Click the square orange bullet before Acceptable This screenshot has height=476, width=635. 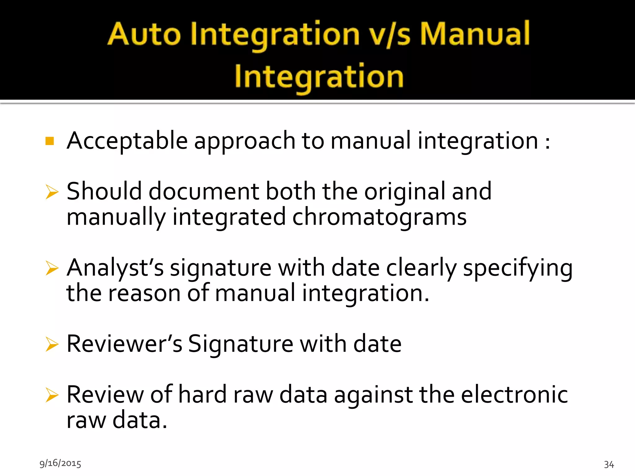coord(50,141)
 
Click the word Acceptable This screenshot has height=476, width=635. coord(127,141)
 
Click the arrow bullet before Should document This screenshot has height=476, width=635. coord(52,192)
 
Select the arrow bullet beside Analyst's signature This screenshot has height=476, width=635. coord(52,268)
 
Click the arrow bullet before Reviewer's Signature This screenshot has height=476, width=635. coord(52,344)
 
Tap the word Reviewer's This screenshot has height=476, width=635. coord(124,344)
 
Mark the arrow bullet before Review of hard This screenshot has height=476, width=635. coord(52,395)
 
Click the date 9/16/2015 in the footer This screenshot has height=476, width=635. coord(60,463)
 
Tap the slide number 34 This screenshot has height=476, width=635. coord(609,464)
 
